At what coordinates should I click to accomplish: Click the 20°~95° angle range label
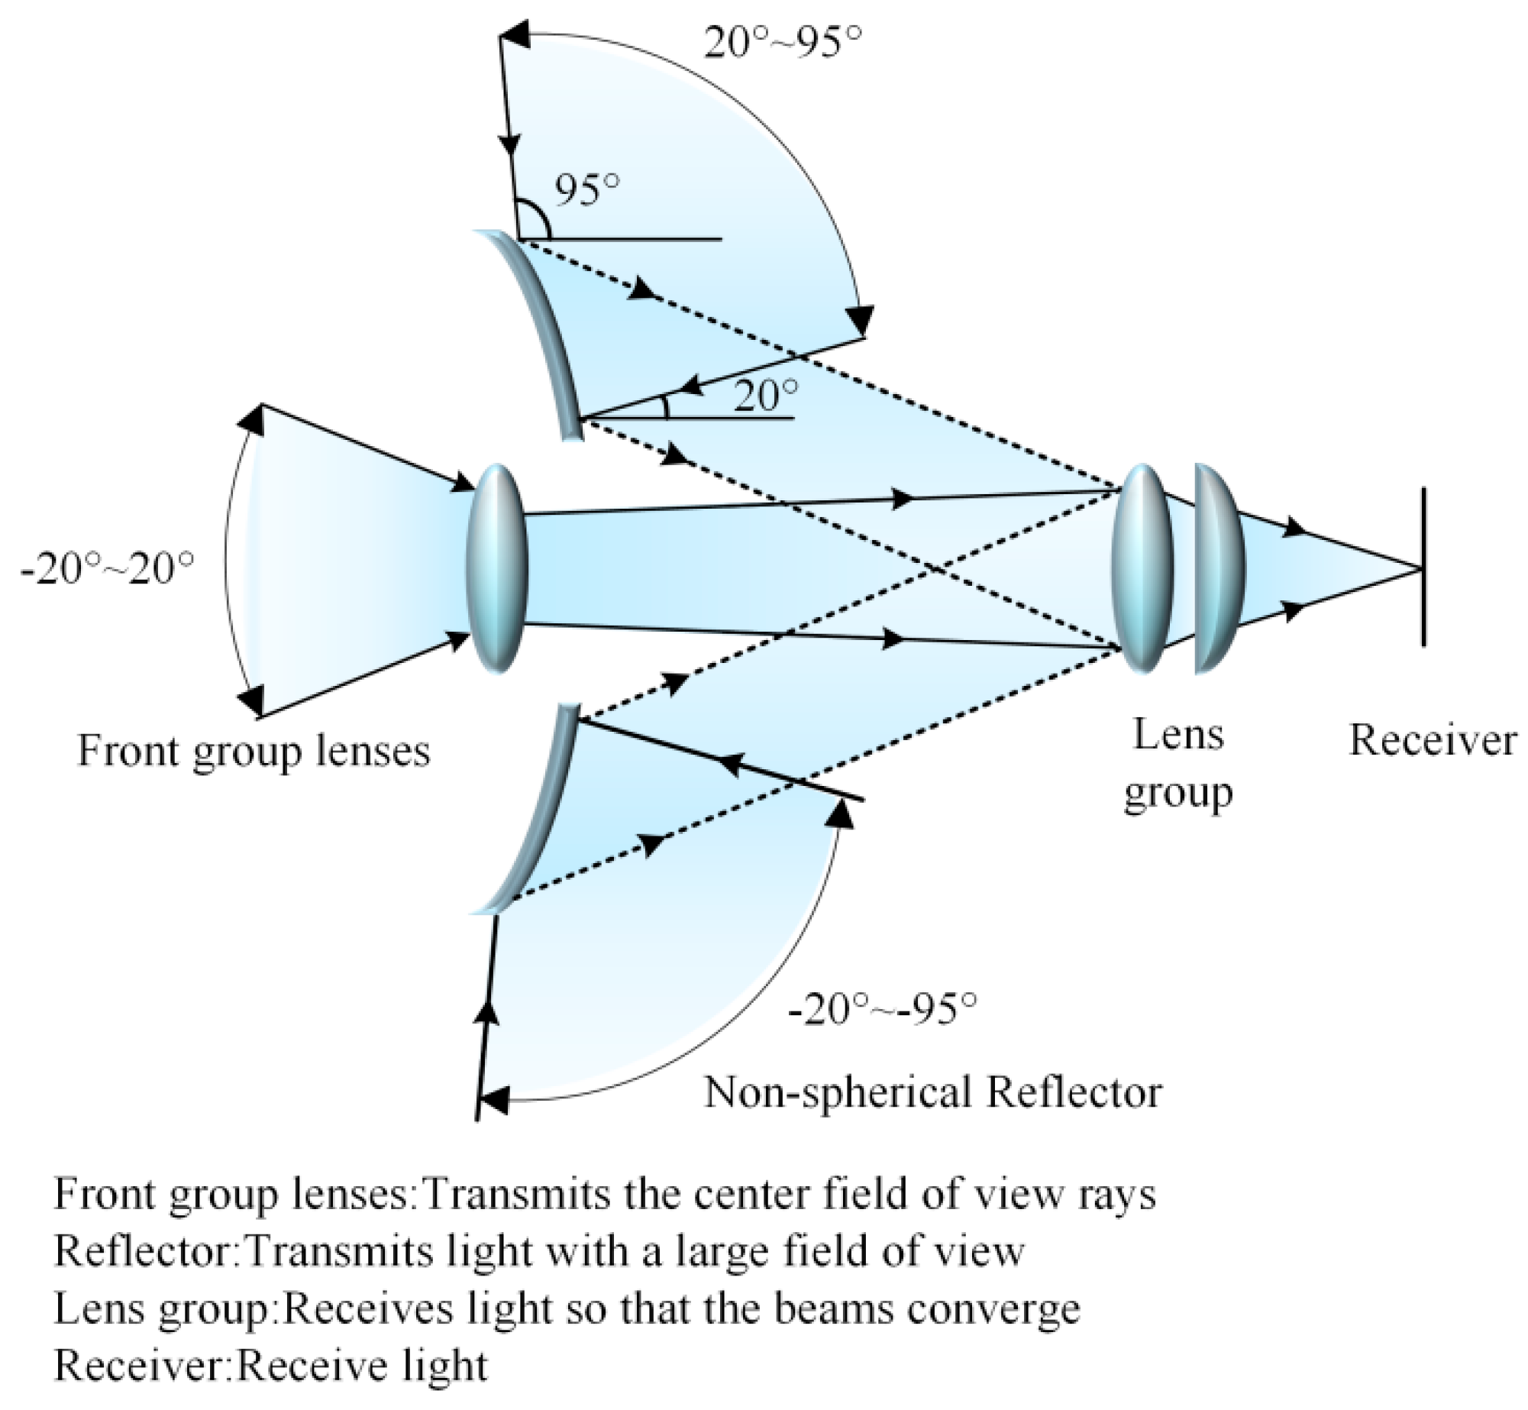click(782, 43)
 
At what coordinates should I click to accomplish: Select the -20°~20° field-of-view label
click(108, 569)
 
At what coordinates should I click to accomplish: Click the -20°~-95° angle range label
click(882, 1010)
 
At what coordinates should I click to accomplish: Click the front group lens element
click(497, 568)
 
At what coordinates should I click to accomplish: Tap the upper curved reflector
click(543, 336)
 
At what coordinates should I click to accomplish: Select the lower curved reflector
click(538, 810)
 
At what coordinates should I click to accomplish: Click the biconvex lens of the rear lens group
click(1141, 568)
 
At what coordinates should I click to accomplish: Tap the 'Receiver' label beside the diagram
click(1433, 741)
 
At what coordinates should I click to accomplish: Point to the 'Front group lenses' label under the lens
click(254, 751)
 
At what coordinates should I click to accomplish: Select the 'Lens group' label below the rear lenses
click(1177, 764)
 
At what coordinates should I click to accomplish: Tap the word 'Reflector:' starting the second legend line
click(146, 1252)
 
